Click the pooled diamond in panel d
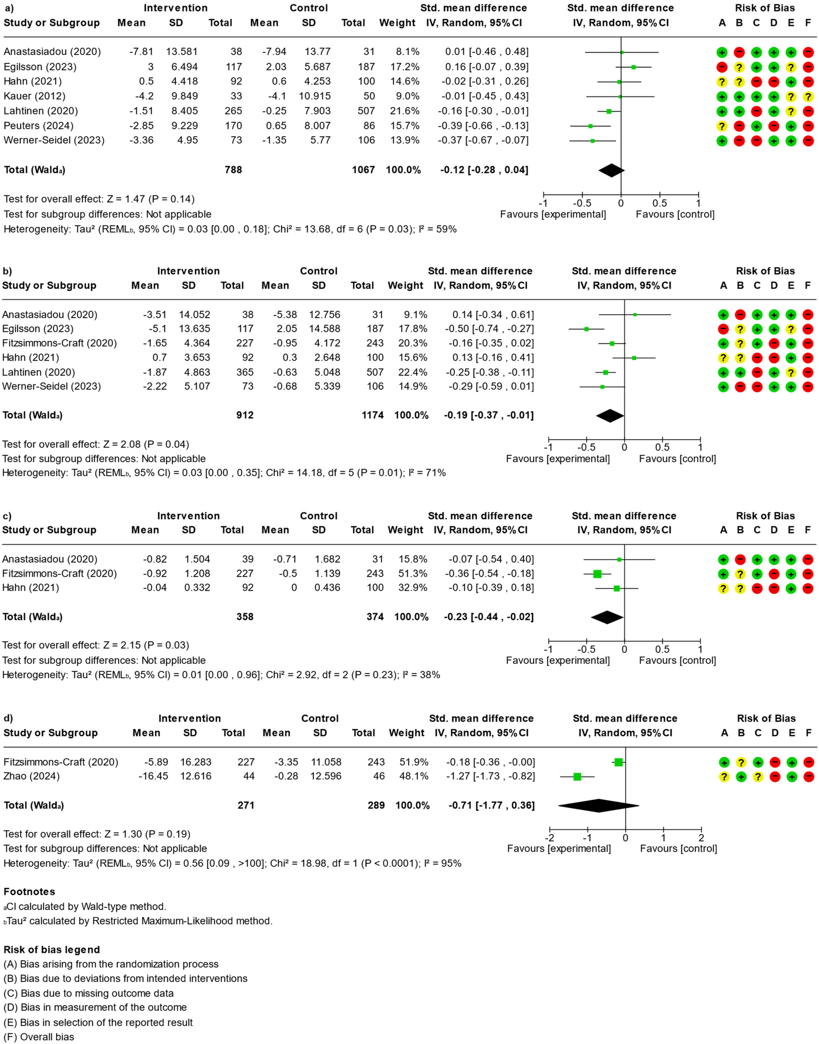599,805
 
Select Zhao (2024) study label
31,776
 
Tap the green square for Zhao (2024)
577,777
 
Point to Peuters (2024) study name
38,126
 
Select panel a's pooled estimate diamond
611,170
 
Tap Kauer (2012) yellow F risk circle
808,96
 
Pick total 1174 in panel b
373,415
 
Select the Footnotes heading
29,891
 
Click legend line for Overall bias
39,1037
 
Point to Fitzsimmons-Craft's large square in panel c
597,574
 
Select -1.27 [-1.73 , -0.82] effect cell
490,776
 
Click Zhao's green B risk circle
741,777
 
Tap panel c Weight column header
405,530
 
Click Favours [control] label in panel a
675,214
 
